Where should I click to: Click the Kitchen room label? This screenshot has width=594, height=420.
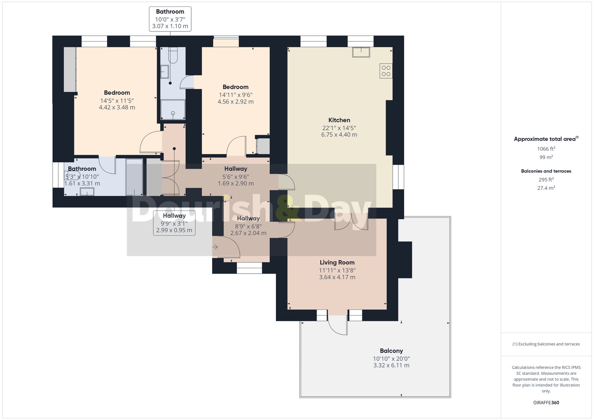point(339,120)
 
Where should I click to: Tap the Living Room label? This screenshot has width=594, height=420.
point(337,262)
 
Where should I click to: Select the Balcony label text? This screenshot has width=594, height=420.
point(391,351)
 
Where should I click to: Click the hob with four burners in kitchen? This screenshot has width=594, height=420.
point(386,71)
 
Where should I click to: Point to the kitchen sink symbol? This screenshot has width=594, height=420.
point(361,52)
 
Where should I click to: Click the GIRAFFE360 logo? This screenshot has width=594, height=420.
point(546,403)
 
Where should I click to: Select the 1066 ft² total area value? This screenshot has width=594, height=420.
point(546,149)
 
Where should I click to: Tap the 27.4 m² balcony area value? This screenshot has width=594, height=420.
point(546,188)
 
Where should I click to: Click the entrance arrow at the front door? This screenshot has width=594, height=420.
point(215,247)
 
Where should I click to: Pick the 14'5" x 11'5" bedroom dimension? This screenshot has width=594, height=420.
point(117,101)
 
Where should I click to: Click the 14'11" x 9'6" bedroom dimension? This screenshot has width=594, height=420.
point(236,95)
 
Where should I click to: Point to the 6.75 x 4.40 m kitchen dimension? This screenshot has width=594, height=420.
point(339,135)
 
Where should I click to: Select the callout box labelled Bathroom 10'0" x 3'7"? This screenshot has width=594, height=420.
point(170,19)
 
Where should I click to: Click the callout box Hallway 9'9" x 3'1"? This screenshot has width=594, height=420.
point(174,223)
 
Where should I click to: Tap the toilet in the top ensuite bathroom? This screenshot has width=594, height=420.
point(173,55)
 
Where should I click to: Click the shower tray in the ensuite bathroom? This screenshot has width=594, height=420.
point(173,110)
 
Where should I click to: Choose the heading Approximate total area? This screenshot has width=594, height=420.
point(546,139)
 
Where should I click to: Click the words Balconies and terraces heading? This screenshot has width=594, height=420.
point(546,171)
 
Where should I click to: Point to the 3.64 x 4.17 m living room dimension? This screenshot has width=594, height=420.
point(337,277)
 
